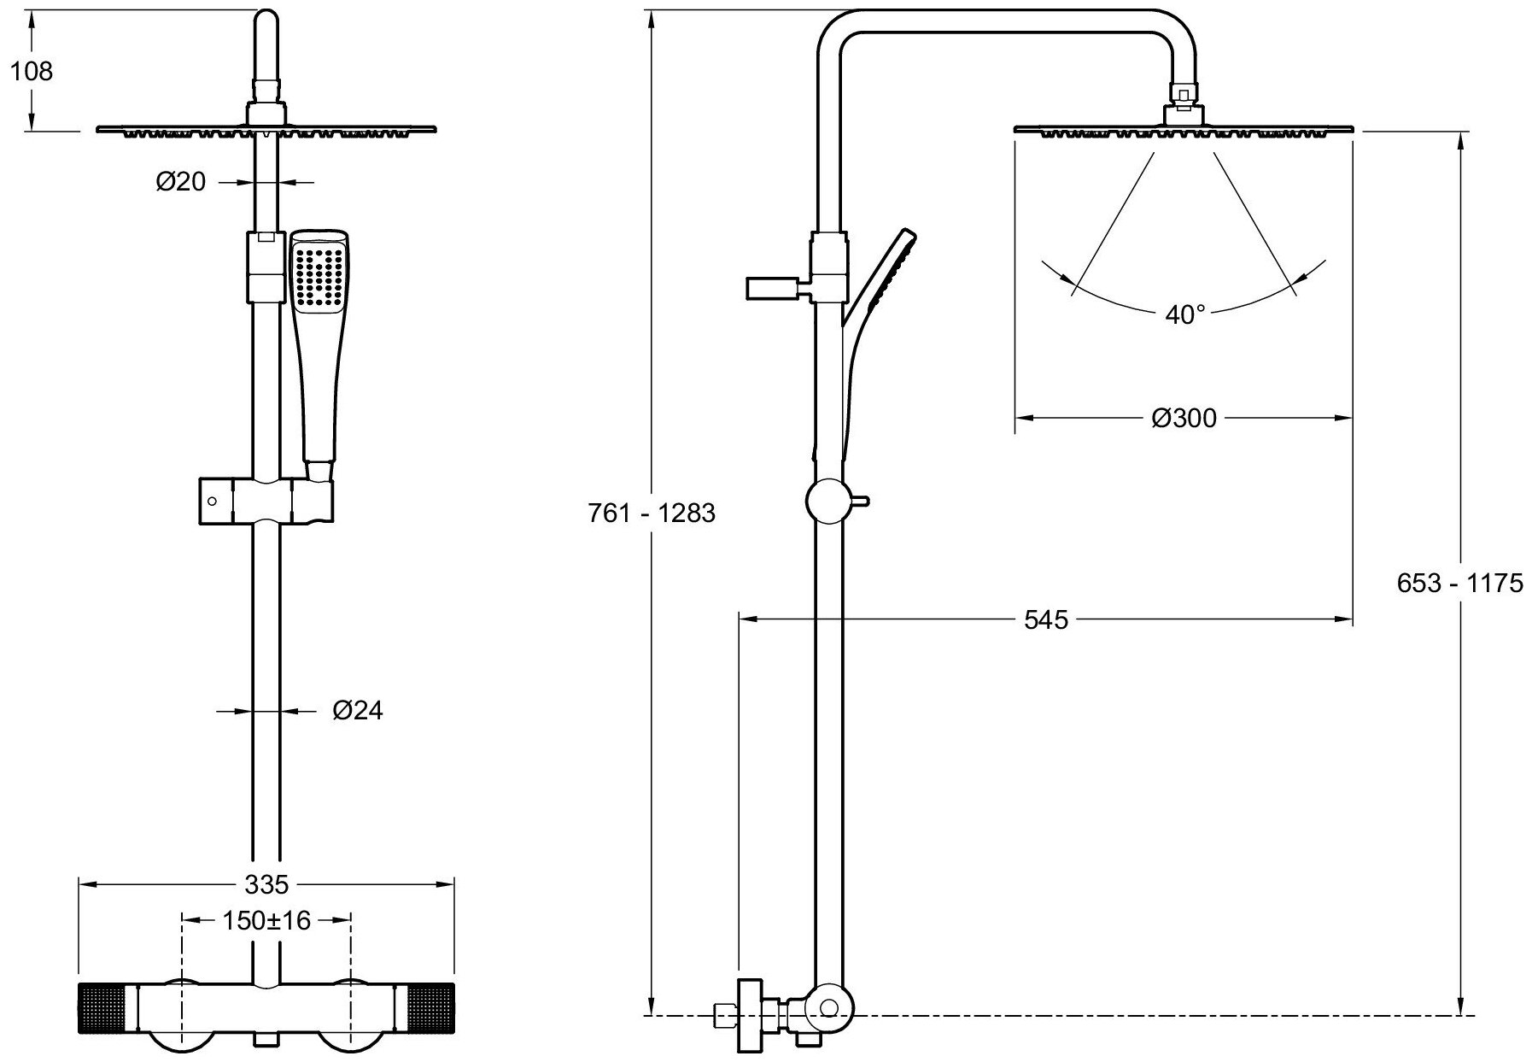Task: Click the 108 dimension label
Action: pyautogui.click(x=32, y=71)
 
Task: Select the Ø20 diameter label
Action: pyautogui.click(x=181, y=182)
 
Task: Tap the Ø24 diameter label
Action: pyautogui.click(x=358, y=710)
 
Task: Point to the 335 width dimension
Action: pyautogui.click(x=267, y=883)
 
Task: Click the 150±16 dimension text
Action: pyautogui.click(x=266, y=920)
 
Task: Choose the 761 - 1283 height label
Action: pyautogui.click(x=652, y=513)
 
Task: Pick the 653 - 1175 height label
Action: pyautogui.click(x=1459, y=583)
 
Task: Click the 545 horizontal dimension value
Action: pyautogui.click(x=1046, y=619)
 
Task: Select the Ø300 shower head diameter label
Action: pyautogui.click(x=1183, y=418)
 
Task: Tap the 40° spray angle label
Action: pyautogui.click(x=1184, y=315)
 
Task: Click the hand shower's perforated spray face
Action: pyautogui.click(x=319, y=275)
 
